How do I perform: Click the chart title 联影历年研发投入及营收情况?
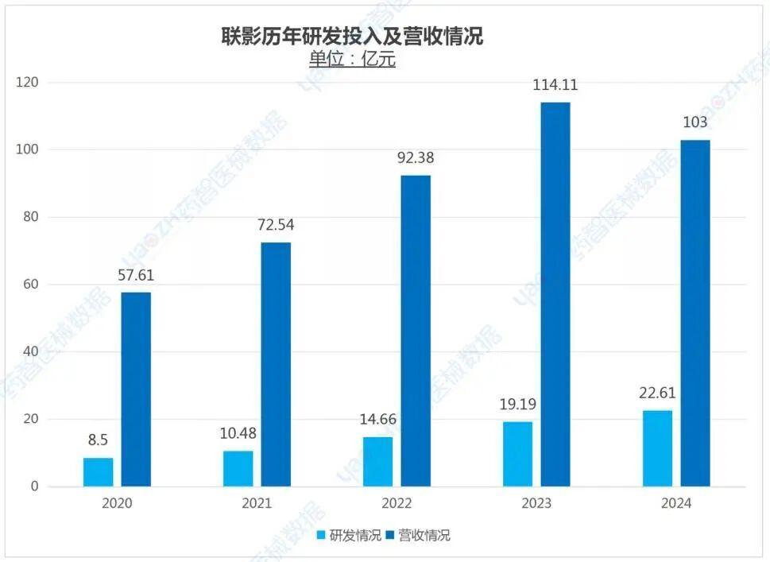[351, 36]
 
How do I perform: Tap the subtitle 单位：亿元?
[351, 60]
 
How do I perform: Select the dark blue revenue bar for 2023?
[555, 294]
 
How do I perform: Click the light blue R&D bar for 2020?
[99, 472]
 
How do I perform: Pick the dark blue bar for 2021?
[276, 364]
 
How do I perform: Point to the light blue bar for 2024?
[657, 448]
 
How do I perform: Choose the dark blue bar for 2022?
[416, 331]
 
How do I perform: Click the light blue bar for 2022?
[377, 462]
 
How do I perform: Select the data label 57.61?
[136, 276]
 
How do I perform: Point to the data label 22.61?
[657, 393]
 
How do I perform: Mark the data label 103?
[695, 123]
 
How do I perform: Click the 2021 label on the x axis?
[257, 504]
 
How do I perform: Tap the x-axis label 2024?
[675, 504]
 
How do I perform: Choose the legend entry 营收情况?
[416, 535]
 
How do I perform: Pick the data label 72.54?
[276, 226]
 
